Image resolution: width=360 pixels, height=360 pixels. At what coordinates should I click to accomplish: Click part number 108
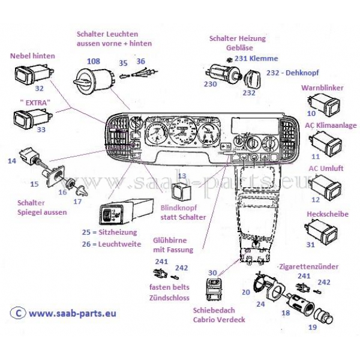[x=94, y=61]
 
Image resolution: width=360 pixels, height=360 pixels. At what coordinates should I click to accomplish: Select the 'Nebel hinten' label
[x=33, y=56]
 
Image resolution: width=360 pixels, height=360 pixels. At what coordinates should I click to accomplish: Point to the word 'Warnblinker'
[x=322, y=88]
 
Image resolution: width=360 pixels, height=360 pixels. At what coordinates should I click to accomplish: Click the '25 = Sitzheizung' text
[x=110, y=232]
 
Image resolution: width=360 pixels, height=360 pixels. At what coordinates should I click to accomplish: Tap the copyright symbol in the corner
[x=19, y=313]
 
